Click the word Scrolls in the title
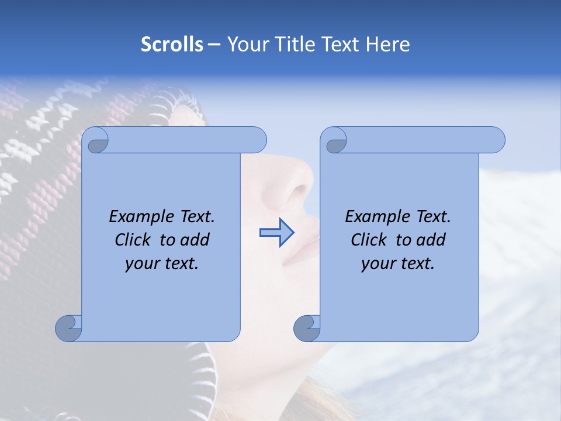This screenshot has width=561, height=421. [172, 44]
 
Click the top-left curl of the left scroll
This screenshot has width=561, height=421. [96, 141]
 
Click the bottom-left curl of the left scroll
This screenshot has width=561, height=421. [68, 328]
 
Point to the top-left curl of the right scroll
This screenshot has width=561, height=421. [335, 141]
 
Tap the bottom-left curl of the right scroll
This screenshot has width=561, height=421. [307, 328]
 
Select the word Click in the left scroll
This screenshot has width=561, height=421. [132, 240]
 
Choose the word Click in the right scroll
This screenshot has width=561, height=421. [368, 240]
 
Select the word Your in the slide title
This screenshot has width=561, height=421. [248, 44]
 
